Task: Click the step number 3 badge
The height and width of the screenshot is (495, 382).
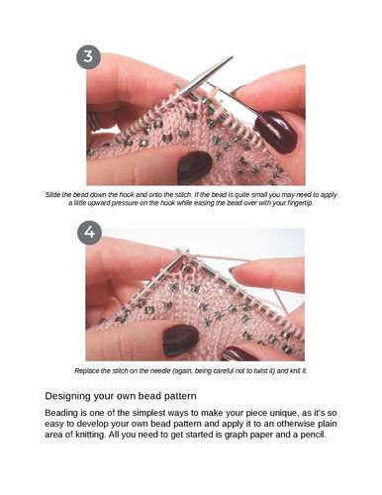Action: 88,56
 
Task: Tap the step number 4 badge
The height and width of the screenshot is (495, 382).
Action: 89,233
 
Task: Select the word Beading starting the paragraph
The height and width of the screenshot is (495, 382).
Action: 58,413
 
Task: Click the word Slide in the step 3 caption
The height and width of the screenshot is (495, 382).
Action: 52,195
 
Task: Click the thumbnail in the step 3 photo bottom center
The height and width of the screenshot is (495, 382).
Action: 194,166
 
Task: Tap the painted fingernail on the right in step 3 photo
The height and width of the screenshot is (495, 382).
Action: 275,132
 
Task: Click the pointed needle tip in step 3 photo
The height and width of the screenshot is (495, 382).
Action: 232,57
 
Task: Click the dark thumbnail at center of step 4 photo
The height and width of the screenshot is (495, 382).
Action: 180,340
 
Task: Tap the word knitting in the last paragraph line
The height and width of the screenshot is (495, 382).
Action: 90,435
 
